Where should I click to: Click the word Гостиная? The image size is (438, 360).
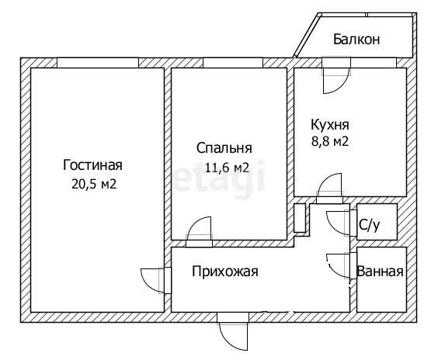pos(92,165)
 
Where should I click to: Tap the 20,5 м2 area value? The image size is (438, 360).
pos(94,184)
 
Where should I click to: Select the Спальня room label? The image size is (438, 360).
pos(224,148)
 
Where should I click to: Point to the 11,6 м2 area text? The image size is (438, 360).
pos(227,168)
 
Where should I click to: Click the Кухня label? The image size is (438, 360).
pos(330,125)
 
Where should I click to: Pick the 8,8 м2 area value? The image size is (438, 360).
pos(330,141)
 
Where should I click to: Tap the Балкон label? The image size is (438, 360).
pos(356,39)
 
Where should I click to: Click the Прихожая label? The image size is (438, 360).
pos(225,272)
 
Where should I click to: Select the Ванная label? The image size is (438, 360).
pos(381,271)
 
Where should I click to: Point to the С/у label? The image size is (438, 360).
pos(370,225)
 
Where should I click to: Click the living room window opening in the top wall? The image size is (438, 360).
pos(98,63)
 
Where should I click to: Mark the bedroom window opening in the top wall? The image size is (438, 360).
pos(233,63)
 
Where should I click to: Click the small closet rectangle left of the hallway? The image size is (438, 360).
pos(300,218)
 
